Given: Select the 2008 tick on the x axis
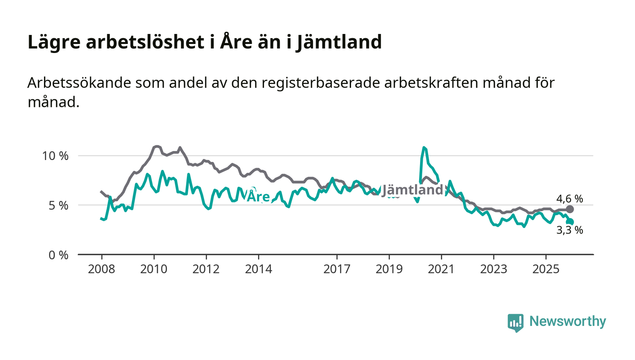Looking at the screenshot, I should coord(102,269).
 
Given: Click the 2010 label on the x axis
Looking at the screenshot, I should coord(154,269).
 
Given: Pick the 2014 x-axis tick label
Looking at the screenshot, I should coord(258,269).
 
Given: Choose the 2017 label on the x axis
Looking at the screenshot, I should coord(337,269).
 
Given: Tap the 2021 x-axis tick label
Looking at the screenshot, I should coord(441,269).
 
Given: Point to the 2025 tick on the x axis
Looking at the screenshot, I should coord(546,269).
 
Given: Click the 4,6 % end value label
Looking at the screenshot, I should coord(570,199).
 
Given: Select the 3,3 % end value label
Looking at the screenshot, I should coord(570,230).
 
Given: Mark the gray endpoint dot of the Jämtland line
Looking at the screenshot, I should coord(570,209).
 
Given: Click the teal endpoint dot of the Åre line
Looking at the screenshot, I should coord(570,222).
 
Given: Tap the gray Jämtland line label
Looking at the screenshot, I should coord(412,190).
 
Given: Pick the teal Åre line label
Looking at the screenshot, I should coord(258,197).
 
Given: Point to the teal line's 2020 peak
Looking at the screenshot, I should coord(424,148).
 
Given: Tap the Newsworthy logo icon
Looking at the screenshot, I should coord(515,322).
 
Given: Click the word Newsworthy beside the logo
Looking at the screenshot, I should coord(567,321).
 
